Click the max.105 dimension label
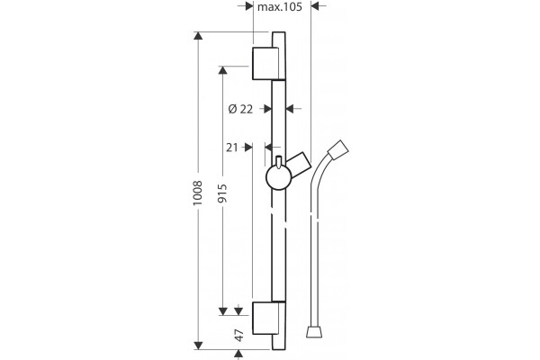[280, 6]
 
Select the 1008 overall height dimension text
[197, 193]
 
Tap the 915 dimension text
[222, 193]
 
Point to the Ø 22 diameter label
[240, 109]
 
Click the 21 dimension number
[232, 148]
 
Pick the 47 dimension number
[238, 335]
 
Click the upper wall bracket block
[265, 63]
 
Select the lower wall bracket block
[265, 318]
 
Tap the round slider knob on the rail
[279, 177]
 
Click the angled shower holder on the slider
[300, 164]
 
